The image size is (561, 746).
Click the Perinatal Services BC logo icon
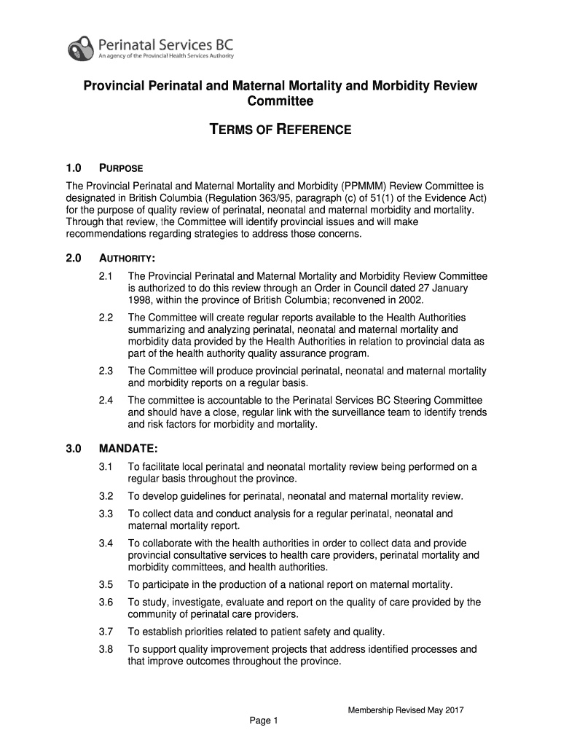tap(81, 47)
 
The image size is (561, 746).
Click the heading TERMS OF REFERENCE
tap(280, 130)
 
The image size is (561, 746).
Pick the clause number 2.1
tap(106, 277)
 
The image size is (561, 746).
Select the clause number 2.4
tap(106, 400)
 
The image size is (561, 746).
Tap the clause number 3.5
tap(106, 584)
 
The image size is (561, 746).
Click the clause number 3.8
tap(106, 649)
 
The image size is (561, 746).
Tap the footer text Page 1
tap(264, 721)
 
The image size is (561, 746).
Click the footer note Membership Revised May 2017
tap(406, 710)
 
